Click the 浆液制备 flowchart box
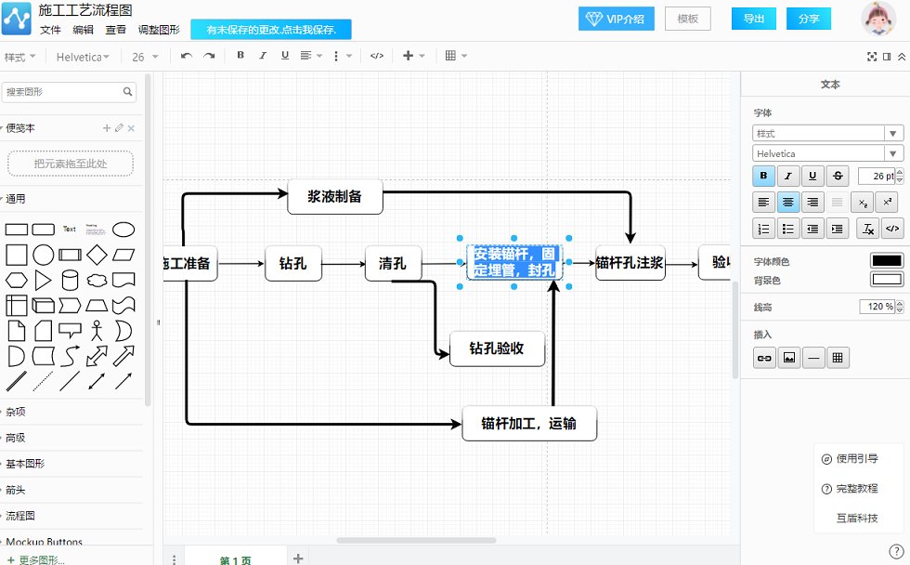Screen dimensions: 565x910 click(x=334, y=197)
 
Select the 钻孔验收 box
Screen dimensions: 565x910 click(x=497, y=348)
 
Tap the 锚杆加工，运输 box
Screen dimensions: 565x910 click(x=528, y=424)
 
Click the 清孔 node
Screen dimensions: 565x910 click(x=393, y=263)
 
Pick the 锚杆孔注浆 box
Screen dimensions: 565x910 click(x=630, y=263)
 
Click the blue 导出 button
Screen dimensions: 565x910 click(x=754, y=19)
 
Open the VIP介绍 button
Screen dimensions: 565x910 click(x=617, y=19)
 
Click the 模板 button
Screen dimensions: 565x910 click(x=687, y=19)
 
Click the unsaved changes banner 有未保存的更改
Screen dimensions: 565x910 click(x=271, y=30)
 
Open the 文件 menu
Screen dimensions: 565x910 click(x=50, y=30)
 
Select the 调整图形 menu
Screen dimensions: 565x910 click(x=159, y=30)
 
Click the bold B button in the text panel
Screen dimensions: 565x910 click(x=764, y=176)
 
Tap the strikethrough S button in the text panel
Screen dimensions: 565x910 click(x=838, y=176)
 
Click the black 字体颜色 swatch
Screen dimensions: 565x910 click(x=886, y=261)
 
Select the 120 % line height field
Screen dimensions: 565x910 click(x=877, y=307)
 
